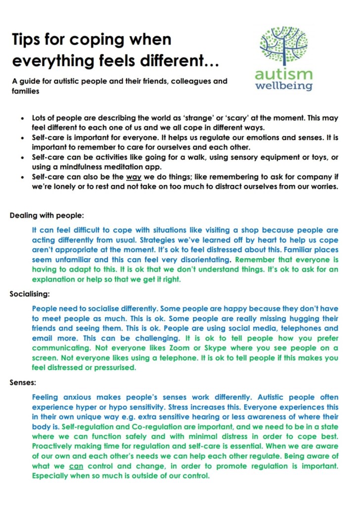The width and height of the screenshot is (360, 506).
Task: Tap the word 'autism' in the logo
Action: (x=283, y=75)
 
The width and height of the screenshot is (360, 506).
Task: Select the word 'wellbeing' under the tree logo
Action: (x=283, y=86)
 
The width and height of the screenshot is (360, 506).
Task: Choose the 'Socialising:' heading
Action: (x=30, y=294)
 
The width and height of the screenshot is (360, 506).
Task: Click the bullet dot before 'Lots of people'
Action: (x=22, y=119)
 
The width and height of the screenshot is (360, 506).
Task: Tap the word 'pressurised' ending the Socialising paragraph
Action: (x=113, y=368)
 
